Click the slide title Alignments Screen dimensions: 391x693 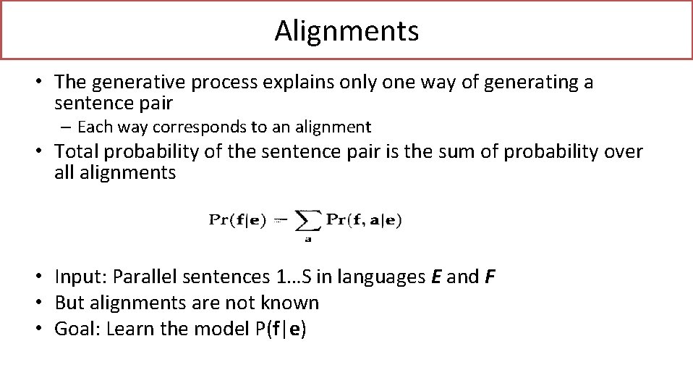click(x=346, y=31)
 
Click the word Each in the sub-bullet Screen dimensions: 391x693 click(x=92, y=127)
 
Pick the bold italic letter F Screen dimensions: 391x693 click(x=490, y=277)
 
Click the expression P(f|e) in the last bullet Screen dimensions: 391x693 click(x=280, y=329)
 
